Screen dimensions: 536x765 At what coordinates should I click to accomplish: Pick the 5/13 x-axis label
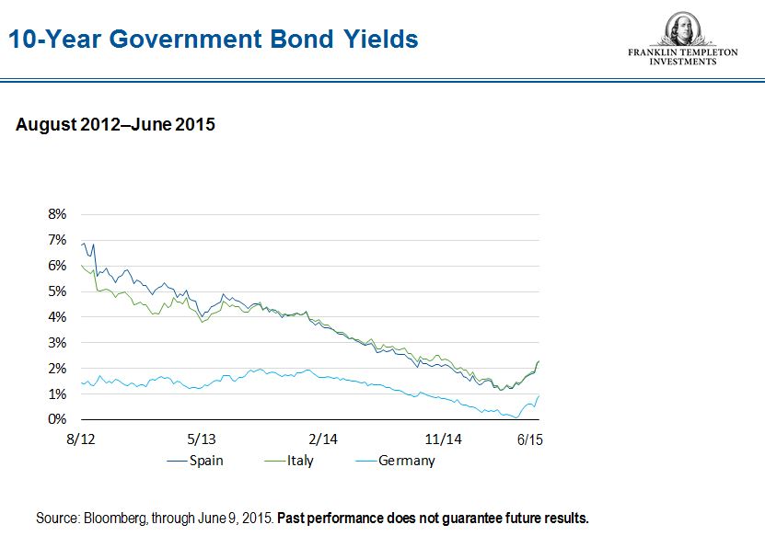click(x=202, y=439)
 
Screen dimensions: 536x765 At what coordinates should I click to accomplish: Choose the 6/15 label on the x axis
click(x=528, y=439)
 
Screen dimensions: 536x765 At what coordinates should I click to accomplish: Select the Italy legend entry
click(x=299, y=461)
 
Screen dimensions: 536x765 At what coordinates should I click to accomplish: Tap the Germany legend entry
click(x=406, y=461)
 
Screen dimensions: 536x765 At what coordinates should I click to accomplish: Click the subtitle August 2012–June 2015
click(x=115, y=124)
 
